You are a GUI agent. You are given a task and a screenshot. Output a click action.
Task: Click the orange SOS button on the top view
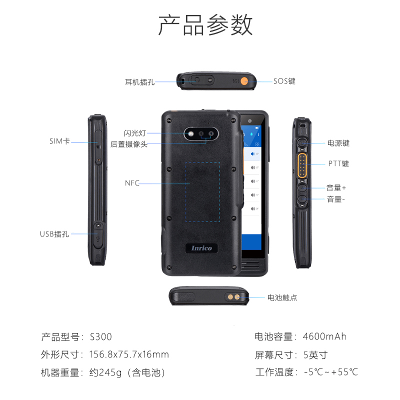pos(244,81)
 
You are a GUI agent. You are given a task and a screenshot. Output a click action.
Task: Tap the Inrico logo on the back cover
pos(201,248)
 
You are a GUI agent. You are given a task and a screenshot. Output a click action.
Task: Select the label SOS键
pos(284,81)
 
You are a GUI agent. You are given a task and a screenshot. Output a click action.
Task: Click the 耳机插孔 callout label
pos(139,82)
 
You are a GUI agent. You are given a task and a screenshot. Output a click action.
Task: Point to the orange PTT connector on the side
pos(302,165)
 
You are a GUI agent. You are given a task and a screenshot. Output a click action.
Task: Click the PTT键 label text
pos(338,163)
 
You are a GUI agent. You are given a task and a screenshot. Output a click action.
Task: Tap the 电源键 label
pos(338,143)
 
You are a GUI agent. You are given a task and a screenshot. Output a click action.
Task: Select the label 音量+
pos(336,188)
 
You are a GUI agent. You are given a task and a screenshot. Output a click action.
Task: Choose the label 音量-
pos(335,199)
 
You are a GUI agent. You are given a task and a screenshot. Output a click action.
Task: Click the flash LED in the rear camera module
pos(190,133)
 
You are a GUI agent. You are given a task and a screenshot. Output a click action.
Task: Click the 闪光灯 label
pos(135,133)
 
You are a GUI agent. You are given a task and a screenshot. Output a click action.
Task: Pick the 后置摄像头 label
pos(129,144)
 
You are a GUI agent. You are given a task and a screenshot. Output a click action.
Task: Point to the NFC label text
pos(132,183)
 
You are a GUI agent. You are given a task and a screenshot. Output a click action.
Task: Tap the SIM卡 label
pos(59,141)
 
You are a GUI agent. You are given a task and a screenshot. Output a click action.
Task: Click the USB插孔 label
pos(54,234)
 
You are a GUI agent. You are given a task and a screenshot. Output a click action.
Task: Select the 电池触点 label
pos(282,297)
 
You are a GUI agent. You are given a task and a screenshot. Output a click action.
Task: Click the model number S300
pos(101,337)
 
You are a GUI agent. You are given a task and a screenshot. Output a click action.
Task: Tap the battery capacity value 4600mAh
pos(324,336)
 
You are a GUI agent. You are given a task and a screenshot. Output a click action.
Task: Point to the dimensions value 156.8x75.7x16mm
pos(129,354)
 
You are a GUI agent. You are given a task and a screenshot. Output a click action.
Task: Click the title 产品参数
pos(205,25)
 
